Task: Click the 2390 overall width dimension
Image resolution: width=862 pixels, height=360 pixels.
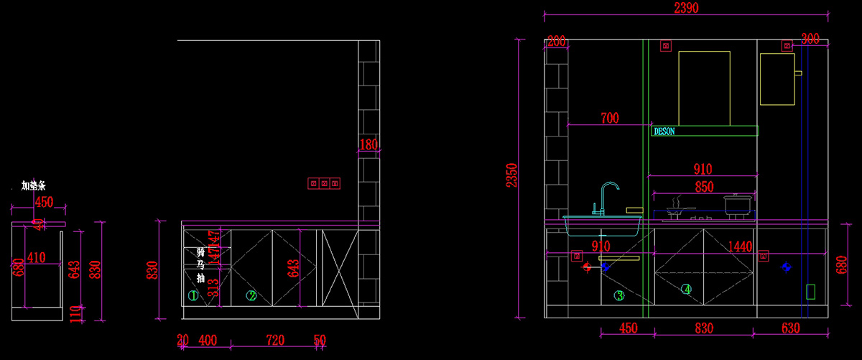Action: pos(686,8)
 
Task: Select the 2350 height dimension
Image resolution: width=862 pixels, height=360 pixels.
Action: pos(511,175)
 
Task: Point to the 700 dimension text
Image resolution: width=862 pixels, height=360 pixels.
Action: pos(610,118)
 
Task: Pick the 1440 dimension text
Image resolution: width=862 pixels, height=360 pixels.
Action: pos(739,247)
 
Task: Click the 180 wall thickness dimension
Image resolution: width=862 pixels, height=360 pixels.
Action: pos(368,144)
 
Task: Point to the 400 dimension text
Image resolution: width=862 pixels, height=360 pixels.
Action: pos(208,339)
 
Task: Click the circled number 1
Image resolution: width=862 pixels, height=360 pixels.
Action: pos(193,295)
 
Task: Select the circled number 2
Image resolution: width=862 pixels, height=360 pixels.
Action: pos(251,295)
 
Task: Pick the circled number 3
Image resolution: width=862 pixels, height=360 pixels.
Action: pos(619,295)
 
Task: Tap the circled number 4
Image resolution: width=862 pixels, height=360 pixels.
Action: pos(687,290)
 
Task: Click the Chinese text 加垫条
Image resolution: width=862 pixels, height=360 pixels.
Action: pos(34,186)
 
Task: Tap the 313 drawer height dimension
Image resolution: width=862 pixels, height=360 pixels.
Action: pos(213,287)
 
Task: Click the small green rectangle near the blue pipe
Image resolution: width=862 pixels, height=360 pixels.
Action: pos(811,291)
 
